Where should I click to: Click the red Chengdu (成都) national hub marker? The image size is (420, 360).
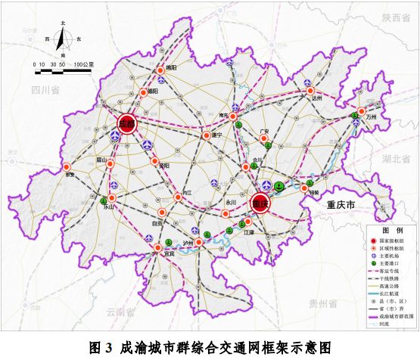click(127, 125)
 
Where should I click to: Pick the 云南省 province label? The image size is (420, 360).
click(120, 312)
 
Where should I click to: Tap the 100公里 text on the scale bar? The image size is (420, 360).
click(84, 65)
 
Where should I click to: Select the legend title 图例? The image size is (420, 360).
click(390, 229)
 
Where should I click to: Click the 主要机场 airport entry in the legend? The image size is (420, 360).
click(394, 256)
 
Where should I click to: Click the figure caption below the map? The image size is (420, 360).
click(210, 348)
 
